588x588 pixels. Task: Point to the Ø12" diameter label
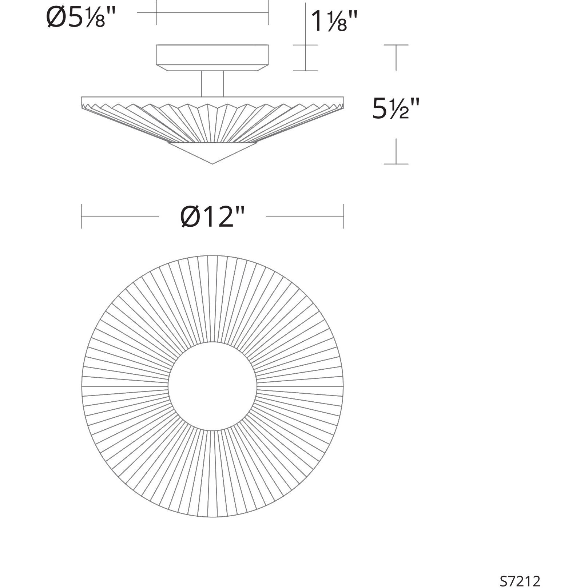click(x=212, y=216)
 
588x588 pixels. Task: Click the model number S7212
click(x=520, y=581)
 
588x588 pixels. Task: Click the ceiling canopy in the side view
click(x=212, y=55)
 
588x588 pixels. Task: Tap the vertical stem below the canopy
click(x=212, y=84)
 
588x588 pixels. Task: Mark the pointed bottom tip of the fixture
click(x=212, y=163)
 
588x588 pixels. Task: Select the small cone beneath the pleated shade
click(x=212, y=151)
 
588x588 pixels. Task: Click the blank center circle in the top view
click(x=212, y=386)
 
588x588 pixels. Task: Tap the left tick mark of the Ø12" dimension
click(x=82, y=216)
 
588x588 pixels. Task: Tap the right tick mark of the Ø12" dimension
click(x=343, y=216)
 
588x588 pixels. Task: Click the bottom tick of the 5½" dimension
click(x=396, y=164)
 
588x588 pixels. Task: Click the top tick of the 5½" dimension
click(x=396, y=45)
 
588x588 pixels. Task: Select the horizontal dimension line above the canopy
click(x=212, y=13)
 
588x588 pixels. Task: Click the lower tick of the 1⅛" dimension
click(x=305, y=71)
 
